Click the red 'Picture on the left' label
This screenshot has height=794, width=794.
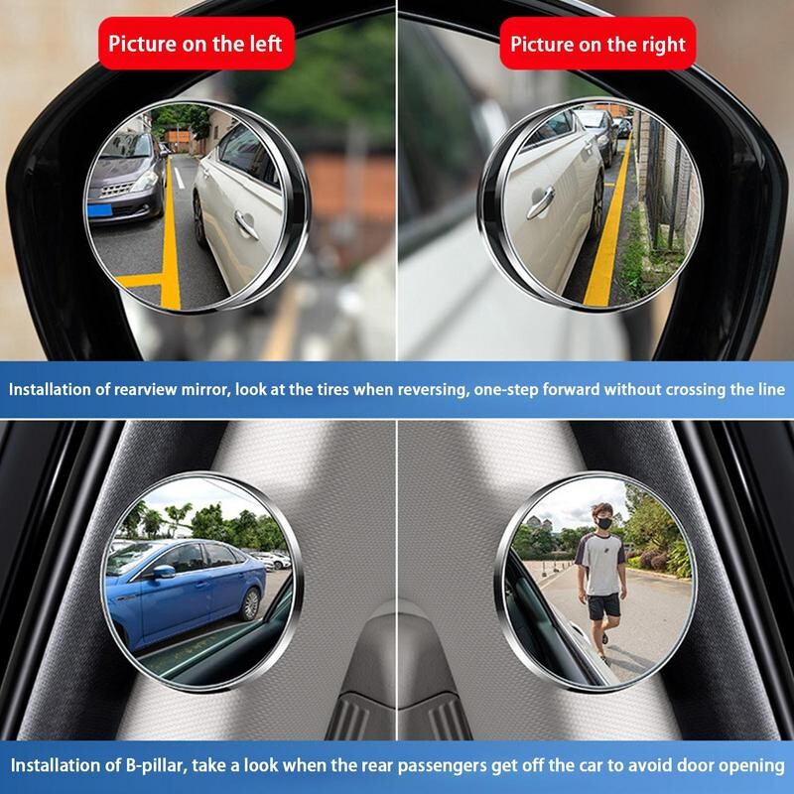(x=196, y=44)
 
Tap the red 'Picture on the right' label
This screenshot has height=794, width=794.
(x=597, y=44)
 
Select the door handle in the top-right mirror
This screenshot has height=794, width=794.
(x=539, y=202)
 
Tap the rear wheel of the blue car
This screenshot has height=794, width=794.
(x=250, y=603)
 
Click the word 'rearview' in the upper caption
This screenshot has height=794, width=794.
(x=176, y=390)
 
